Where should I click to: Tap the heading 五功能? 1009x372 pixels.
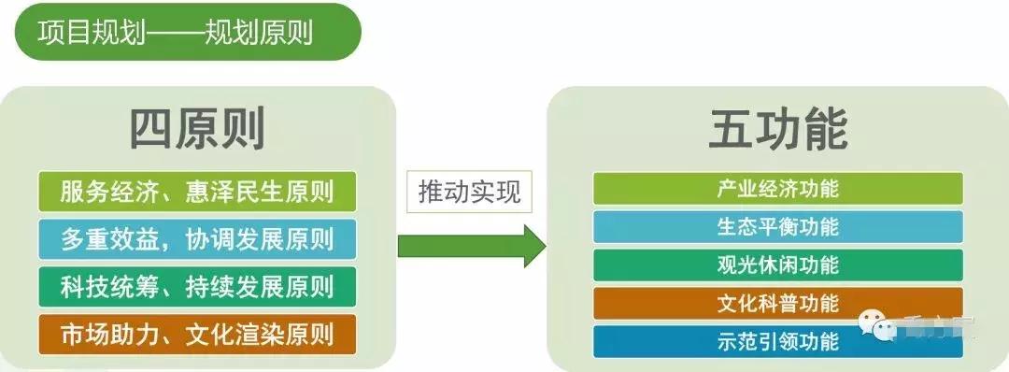tap(777, 130)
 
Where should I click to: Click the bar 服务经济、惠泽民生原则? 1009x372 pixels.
tap(198, 193)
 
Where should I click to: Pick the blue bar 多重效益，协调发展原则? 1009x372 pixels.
tap(198, 238)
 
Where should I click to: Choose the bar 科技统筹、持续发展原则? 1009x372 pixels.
tap(198, 284)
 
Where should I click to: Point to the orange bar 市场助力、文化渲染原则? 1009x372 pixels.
tap(198, 332)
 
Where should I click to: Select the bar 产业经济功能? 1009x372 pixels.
tap(777, 188)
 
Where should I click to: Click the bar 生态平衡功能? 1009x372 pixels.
tap(777, 226)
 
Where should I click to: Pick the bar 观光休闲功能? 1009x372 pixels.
tap(777, 265)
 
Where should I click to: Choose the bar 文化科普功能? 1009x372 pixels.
tap(777, 303)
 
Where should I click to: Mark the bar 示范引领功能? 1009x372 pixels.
tap(777, 341)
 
